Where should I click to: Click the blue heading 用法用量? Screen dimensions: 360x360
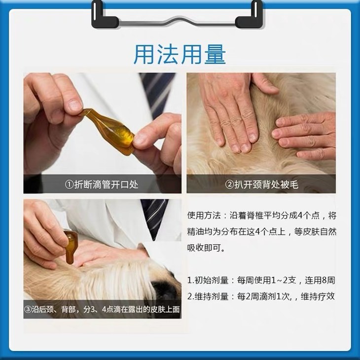(180, 54)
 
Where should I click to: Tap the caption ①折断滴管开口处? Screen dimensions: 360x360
(101, 184)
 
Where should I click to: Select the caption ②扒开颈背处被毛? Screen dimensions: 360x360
(261, 184)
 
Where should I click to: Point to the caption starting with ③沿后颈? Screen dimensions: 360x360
(102, 310)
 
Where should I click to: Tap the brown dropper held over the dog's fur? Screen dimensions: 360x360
(70, 247)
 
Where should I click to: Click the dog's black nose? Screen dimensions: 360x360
(165, 290)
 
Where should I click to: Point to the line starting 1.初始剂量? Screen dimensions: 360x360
(261, 280)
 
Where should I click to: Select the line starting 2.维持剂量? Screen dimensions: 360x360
(261, 297)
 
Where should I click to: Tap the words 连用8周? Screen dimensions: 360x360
(320, 280)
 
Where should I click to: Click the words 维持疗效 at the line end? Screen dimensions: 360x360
(318, 297)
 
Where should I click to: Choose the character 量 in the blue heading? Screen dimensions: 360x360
(215, 54)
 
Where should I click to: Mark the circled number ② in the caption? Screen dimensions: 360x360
(229, 184)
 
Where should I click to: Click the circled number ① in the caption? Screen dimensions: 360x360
(69, 184)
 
